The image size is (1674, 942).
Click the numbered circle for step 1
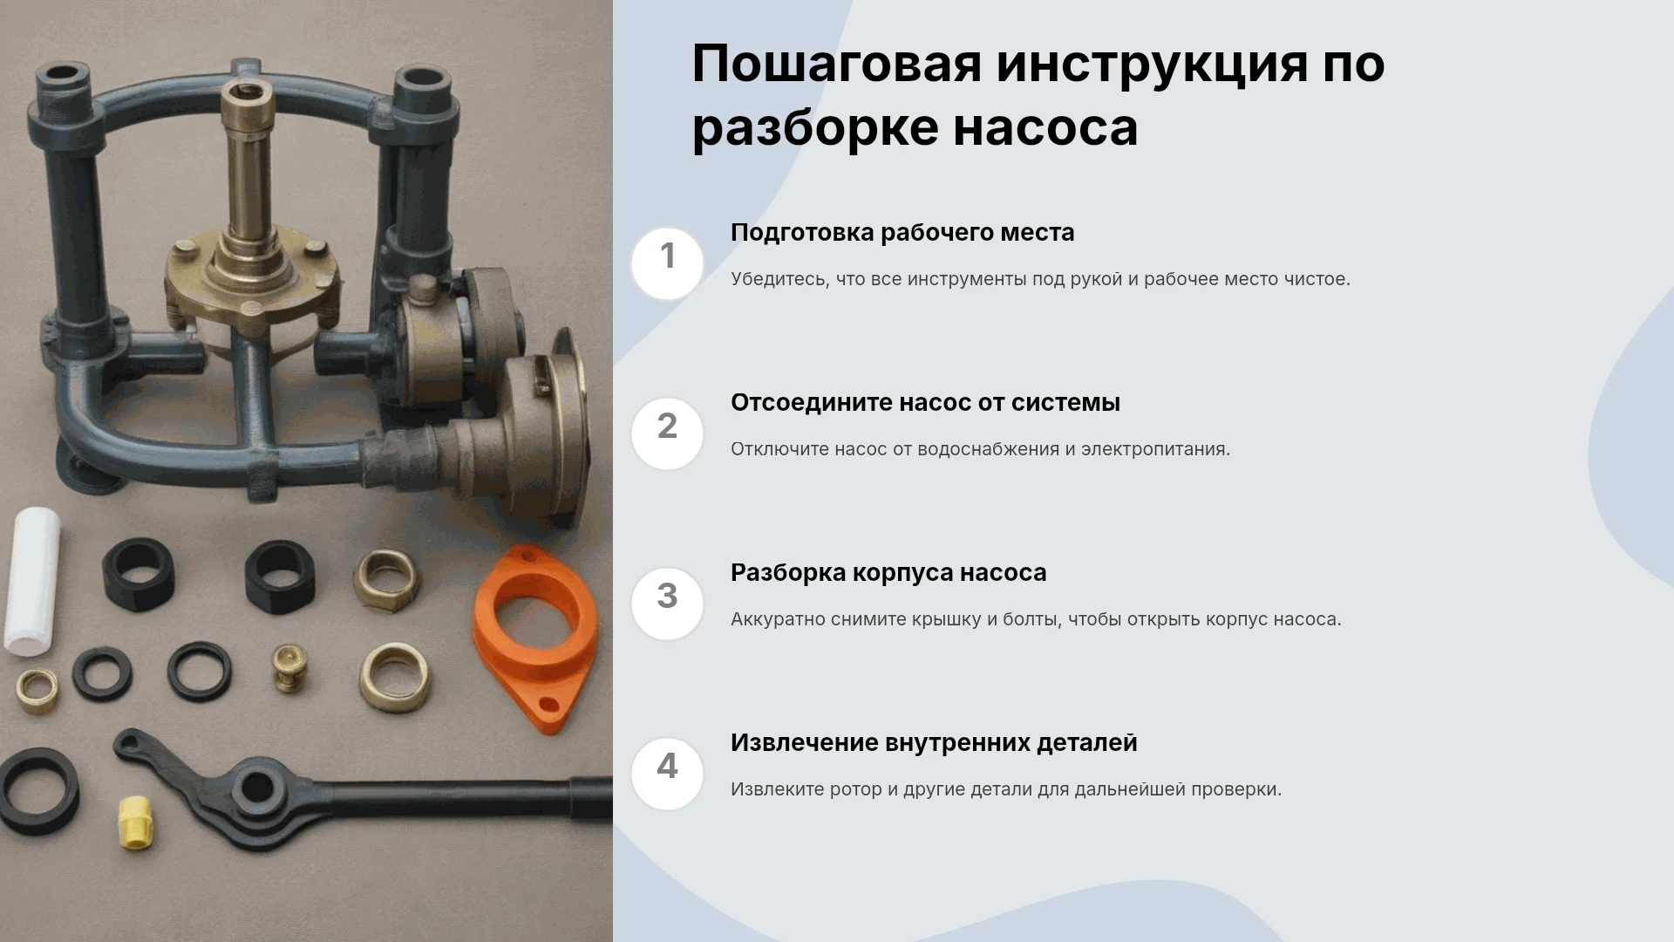click(x=667, y=263)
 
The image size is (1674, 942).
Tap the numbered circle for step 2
click(x=667, y=433)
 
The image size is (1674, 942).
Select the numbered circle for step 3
click(x=667, y=604)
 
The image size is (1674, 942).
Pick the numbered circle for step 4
click(x=667, y=774)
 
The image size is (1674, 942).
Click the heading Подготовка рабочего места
click(x=902, y=233)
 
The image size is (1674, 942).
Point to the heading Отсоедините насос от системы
click(x=925, y=403)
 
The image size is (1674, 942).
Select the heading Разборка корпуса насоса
click(x=888, y=573)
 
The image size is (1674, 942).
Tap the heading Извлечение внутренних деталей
click(x=934, y=743)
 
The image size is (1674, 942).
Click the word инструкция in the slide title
click(x=1152, y=65)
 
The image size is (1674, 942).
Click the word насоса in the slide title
click(x=1045, y=128)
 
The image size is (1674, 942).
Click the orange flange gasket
click(x=535, y=637)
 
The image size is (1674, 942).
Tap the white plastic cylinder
click(x=32, y=580)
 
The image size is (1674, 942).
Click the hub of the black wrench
click(x=257, y=788)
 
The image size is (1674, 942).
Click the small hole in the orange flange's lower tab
click(x=548, y=703)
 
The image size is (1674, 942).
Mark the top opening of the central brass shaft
click(x=248, y=90)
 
